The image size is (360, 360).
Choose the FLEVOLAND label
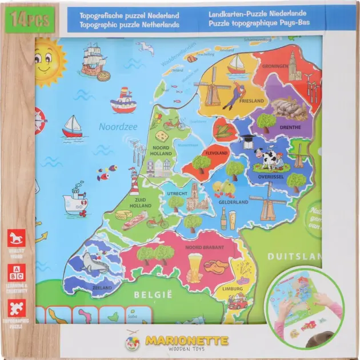tap(217, 153)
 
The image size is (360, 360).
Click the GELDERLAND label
tap(234, 202)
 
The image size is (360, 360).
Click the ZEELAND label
tap(102, 287)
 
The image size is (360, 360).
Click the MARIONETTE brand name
tap(187, 341)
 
